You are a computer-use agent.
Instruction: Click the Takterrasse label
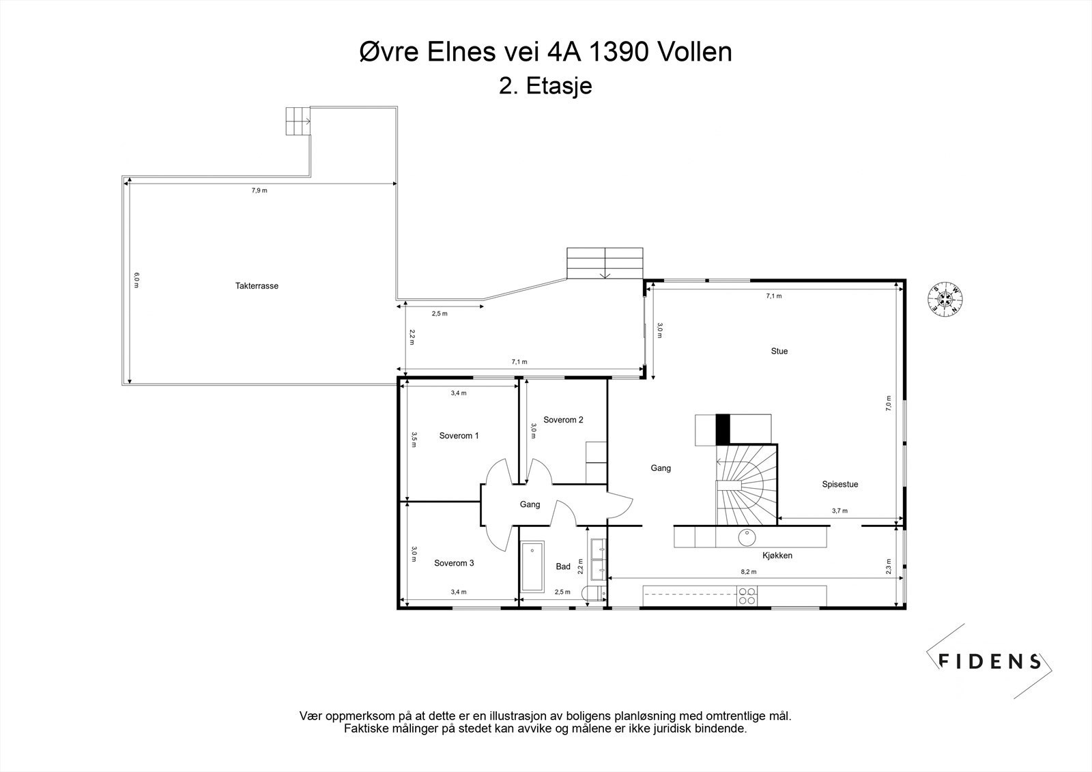[257, 286]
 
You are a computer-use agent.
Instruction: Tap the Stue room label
[779, 351]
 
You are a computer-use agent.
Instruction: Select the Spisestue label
[839, 484]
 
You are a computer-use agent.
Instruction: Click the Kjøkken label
[777, 555]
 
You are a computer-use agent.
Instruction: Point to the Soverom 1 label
[459, 435]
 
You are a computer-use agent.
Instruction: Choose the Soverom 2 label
[563, 420]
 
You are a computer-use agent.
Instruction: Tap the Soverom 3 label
[454, 563]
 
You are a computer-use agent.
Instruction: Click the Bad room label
[563, 567]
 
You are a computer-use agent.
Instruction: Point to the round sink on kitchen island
[747, 536]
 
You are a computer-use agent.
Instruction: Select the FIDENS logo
[988, 661]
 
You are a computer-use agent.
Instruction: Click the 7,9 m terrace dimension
[259, 190]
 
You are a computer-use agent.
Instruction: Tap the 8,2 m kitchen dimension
[749, 572]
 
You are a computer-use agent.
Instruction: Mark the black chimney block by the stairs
[722, 429]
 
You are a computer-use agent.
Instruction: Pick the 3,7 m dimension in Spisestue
[839, 511]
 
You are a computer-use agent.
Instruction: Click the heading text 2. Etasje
[545, 87]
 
